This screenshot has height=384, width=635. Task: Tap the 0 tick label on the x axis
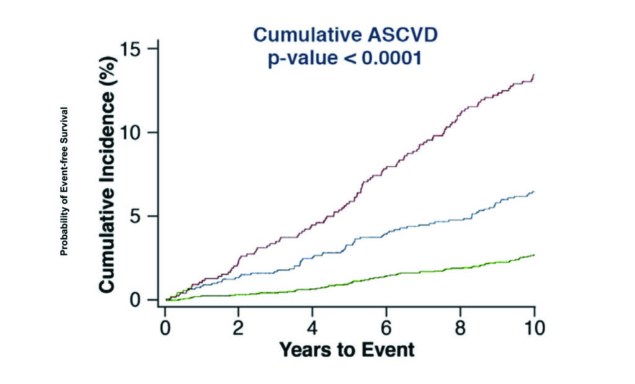[164, 327]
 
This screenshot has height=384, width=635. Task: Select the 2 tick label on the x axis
[239, 327]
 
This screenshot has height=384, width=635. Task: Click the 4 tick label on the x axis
[313, 327]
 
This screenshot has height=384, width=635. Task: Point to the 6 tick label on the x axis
[386, 327]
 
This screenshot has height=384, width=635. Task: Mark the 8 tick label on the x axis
[460, 327]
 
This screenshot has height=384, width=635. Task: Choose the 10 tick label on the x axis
[534, 327]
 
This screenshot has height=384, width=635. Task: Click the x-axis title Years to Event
[347, 350]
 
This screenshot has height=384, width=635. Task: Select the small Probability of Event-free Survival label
[64, 182]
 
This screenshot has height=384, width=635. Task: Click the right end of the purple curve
[533, 75]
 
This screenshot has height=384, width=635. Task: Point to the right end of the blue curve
[533, 192]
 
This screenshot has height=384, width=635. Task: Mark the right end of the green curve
[533, 255]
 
